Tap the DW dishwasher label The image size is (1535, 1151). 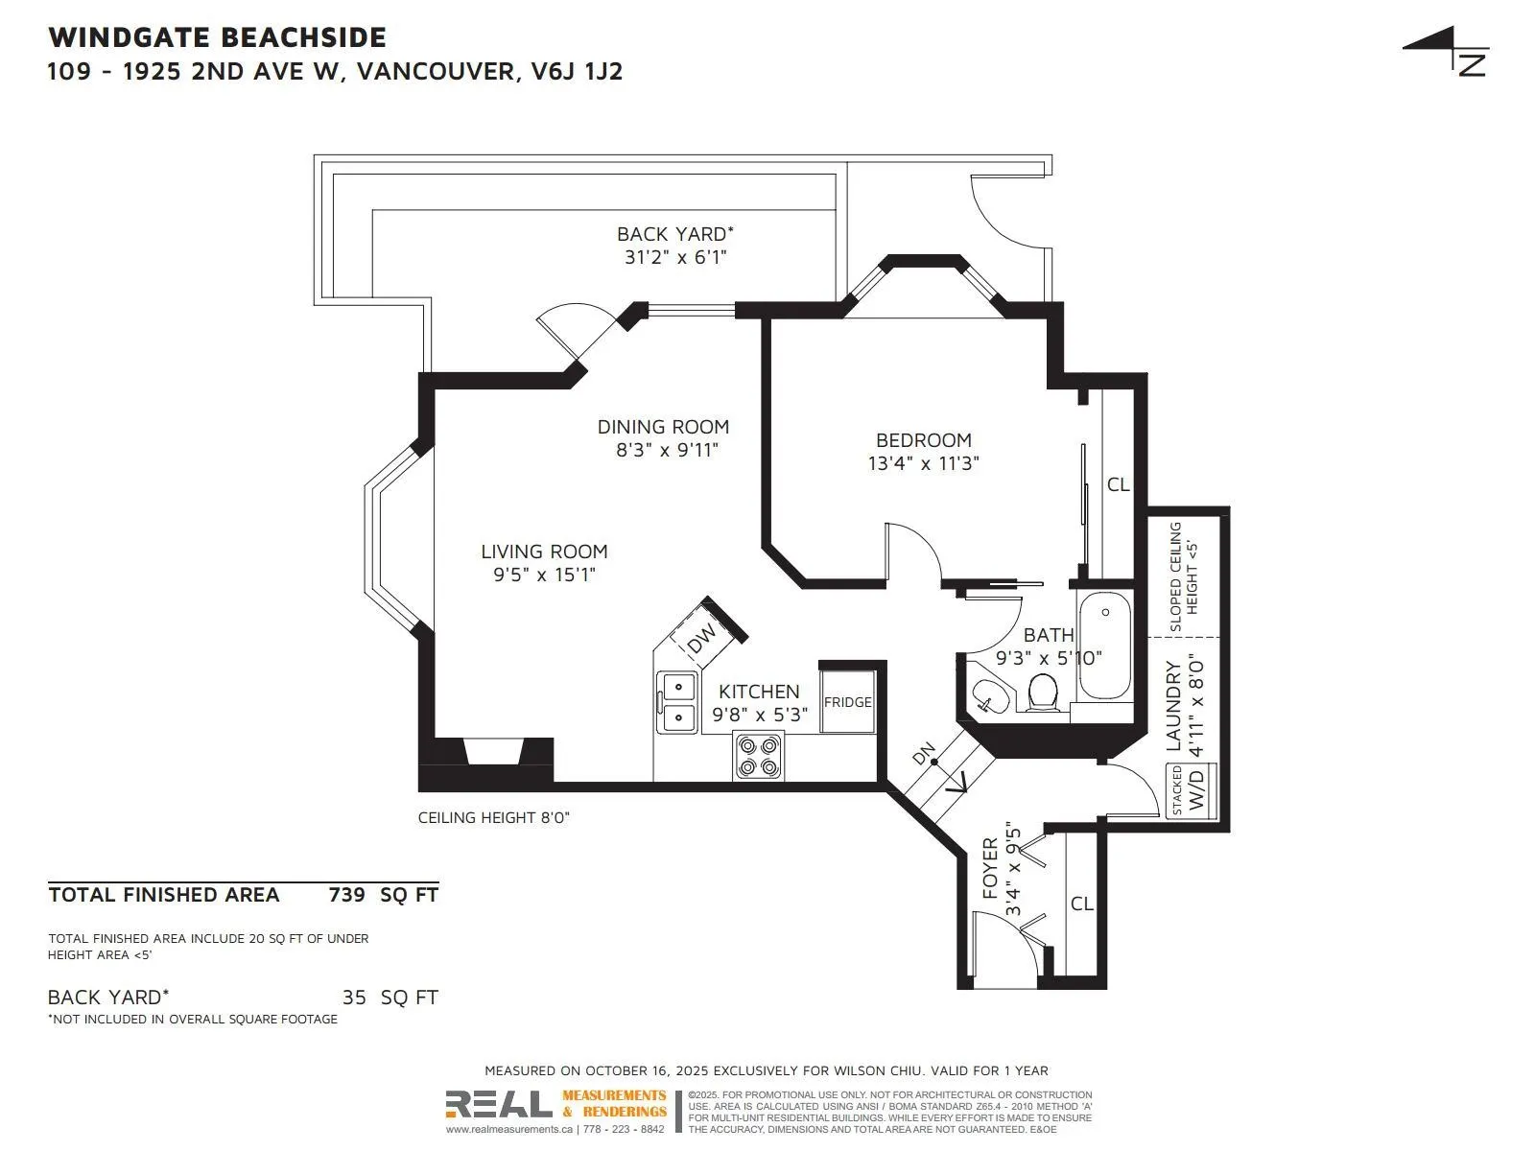[702, 637]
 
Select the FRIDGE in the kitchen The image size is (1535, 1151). [847, 701]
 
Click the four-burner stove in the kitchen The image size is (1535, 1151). [759, 756]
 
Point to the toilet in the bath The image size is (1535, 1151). [1043, 692]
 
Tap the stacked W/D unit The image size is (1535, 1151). [1192, 791]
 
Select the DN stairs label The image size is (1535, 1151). [924, 754]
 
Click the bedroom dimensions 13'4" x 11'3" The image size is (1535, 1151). [923, 463]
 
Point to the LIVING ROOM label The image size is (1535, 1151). [544, 552]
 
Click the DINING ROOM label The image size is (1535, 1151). [663, 427]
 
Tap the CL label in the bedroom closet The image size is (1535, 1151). [1118, 484]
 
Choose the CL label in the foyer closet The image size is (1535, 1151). [1081, 904]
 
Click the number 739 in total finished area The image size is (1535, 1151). [347, 895]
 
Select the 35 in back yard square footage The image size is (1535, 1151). [354, 998]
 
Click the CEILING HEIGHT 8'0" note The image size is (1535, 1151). [494, 817]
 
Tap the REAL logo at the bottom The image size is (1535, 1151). [499, 1104]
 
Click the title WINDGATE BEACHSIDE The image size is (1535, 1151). [217, 37]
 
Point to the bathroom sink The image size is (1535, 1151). [987, 696]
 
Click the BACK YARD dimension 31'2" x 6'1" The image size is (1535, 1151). [675, 257]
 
